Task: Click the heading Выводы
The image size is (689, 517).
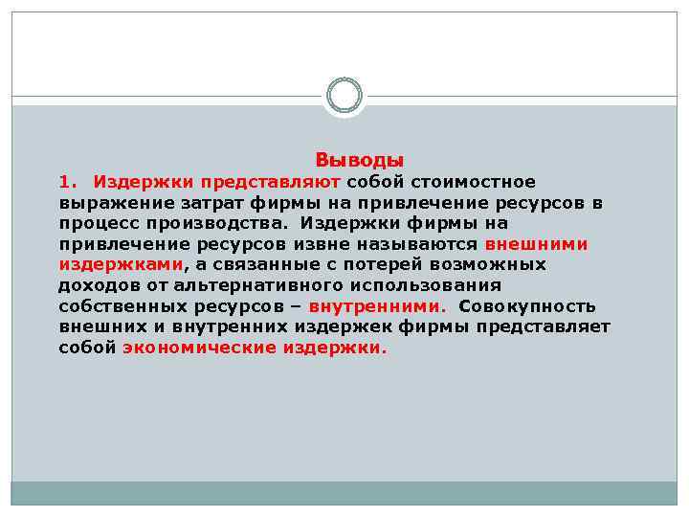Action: coord(360,160)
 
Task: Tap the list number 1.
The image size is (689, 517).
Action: coord(66,181)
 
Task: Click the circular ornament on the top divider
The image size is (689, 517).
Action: coord(344,96)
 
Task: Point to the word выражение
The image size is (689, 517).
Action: coord(105,202)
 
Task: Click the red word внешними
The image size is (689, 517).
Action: coord(537,244)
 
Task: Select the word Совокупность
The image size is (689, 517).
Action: coord(527,306)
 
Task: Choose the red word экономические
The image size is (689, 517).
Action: coord(198,348)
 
